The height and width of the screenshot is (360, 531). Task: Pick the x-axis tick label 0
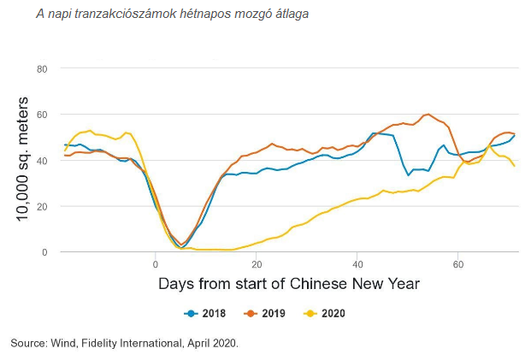coord(156,263)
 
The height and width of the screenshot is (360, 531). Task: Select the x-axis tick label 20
coord(257,263)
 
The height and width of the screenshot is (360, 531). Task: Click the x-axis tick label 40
coord(357,263)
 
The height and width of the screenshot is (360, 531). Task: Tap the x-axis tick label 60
coord(458,263)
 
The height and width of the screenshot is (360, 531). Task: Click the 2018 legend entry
coord(208,314)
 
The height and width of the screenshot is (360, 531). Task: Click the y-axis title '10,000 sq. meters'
coord(23,161)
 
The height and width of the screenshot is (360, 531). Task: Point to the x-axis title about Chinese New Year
coord(289,283)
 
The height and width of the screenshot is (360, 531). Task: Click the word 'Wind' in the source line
coord(62,343)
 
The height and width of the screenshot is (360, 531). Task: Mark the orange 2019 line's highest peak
coord(428,115)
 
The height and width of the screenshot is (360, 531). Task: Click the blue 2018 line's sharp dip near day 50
coord(409,175)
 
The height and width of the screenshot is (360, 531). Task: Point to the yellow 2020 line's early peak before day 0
coord(89,131)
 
